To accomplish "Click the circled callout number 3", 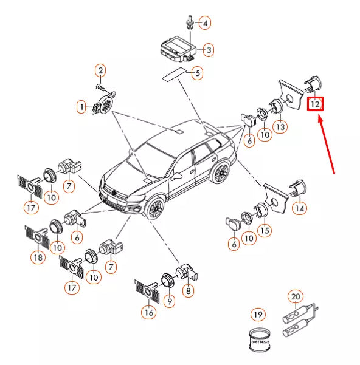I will click(208, 50).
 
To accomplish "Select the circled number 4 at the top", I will click(205, 23).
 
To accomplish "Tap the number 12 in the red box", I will click(315, 104).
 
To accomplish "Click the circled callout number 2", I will click(101, 71).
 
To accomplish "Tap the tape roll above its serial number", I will click(258, 334).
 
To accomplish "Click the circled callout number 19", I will click(258, 314).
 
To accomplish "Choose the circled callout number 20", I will click(296, 296).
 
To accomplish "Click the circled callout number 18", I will click(38, 257).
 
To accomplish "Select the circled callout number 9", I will click(170, 299).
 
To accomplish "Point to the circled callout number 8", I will click(189, 291).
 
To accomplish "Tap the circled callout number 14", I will click(299, 208).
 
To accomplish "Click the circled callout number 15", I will click(264, 231).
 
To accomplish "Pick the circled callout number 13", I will click(279, 126).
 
